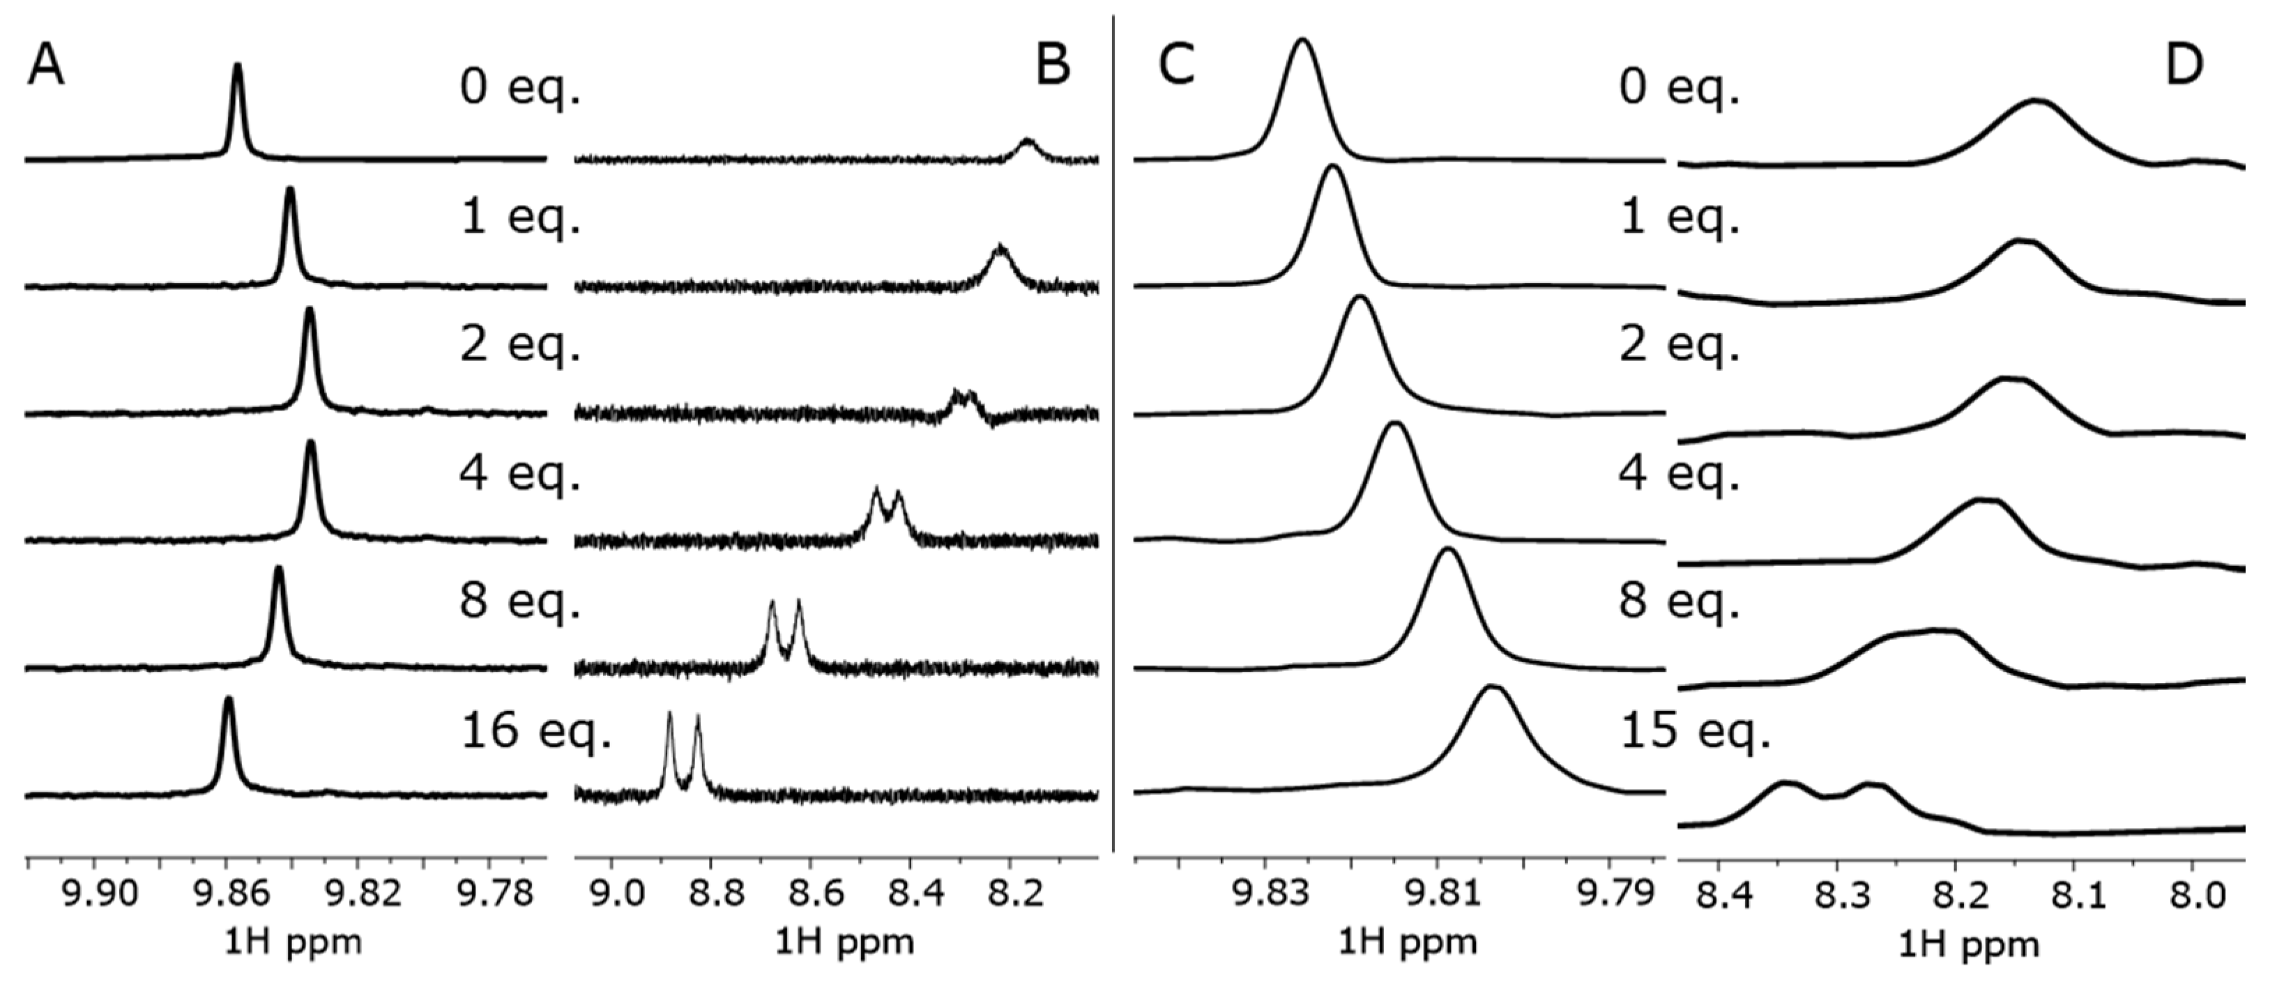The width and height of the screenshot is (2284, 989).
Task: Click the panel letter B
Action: point(1053,65)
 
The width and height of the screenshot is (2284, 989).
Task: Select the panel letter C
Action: point(1178,65)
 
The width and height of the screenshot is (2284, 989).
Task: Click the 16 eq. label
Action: point(535,731)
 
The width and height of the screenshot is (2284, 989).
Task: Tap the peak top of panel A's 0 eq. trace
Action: point(237,65)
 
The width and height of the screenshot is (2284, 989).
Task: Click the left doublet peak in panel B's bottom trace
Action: point(669,714)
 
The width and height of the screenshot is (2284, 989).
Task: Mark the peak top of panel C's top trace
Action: point(1302,40)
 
